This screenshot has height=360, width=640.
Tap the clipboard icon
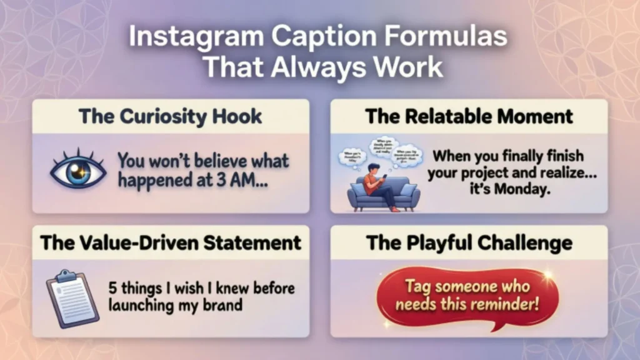tap(72, 299)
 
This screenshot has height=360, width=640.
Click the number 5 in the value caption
tap(113, 289)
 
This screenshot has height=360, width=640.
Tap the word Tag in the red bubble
tap(418, 287)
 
